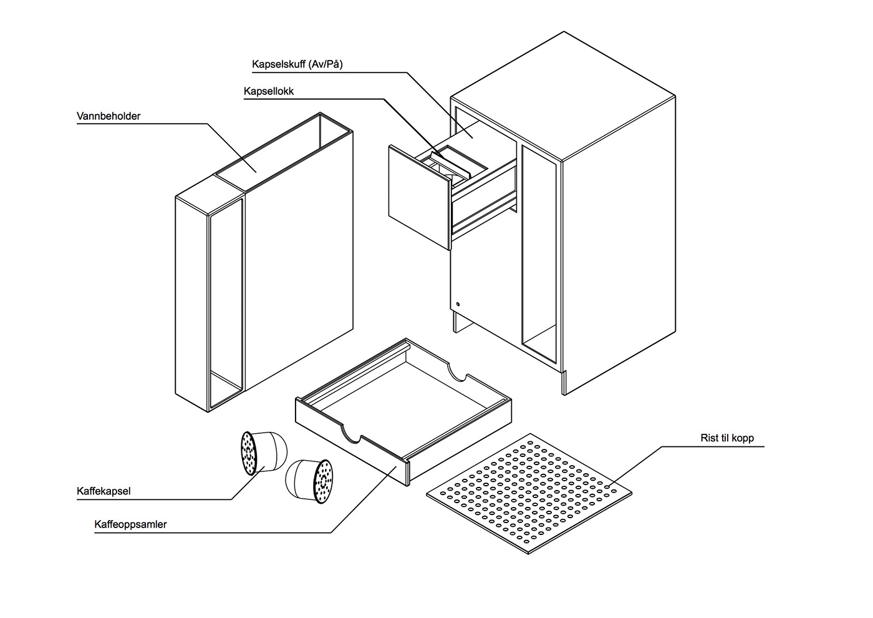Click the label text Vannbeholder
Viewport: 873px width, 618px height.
[109, 116]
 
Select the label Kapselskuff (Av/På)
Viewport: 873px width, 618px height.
[297, 64]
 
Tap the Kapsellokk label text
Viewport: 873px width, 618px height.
[268, 91]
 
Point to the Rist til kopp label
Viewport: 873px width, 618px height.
[726, 438]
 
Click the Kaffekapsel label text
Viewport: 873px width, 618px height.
[104, 491]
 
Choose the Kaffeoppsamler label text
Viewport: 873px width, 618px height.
[130, 524]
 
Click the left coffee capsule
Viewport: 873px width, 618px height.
[264, 453]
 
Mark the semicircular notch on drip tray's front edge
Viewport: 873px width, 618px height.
[350, 434]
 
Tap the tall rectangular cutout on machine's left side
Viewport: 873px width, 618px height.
[538, 256]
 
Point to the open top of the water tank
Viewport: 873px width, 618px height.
[284, 153]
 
